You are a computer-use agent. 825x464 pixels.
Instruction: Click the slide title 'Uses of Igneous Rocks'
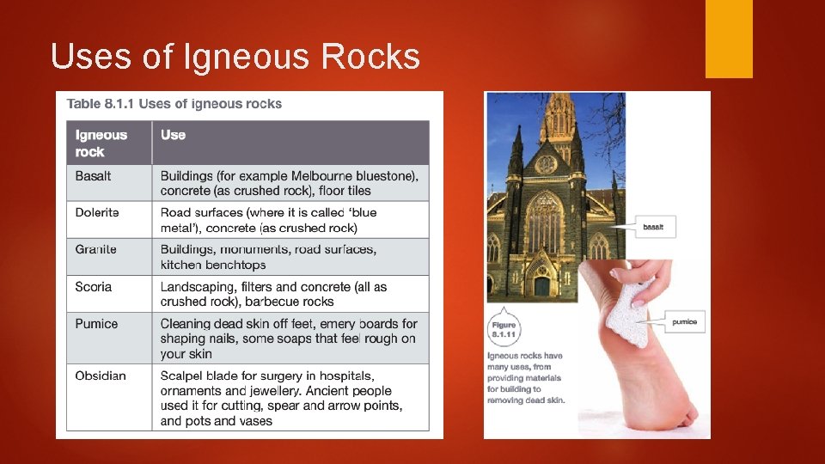(x=235, y=57)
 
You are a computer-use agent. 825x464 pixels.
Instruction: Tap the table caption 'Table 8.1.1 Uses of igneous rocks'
(x=174, y=104)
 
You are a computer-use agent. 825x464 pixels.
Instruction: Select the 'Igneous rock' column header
(x=101, y=143)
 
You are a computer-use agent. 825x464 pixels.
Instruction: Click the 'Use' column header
(x=173, y=135)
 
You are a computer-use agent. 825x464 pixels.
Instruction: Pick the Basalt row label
(x=93, y=175)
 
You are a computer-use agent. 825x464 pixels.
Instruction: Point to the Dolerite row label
(x=97, y=212)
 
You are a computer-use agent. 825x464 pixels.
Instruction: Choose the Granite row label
(x=95, y=249)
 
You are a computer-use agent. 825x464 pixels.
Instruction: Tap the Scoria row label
(x=93, y=286)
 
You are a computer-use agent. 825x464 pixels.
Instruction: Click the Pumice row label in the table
(x=95, y=324)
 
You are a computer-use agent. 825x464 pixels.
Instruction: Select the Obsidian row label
(x=100, y=375)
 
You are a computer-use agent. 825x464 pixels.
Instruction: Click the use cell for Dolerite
(x=268, y=220)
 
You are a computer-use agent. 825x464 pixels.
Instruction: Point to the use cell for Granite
(x=268, y=257)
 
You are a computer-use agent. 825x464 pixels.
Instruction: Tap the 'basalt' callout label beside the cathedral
(x=659, y=227)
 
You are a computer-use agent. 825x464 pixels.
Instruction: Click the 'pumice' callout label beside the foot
(x=684, y=322)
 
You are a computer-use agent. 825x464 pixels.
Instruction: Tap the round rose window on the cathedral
(x=546, y=164)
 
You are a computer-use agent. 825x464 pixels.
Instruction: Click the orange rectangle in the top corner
(x=729, y=39)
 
